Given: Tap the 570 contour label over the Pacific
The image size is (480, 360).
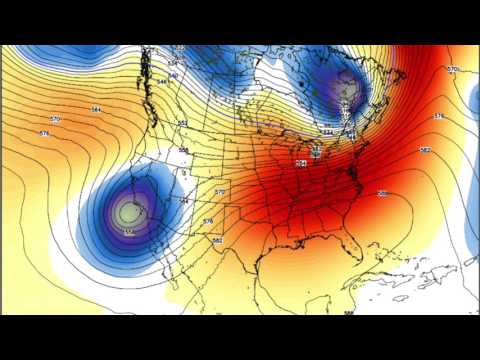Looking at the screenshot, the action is [x=56, y=119].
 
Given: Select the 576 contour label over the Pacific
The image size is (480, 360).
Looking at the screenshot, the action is [x=44, y=133].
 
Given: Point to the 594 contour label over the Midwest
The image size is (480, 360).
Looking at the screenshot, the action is [x=301, y=163].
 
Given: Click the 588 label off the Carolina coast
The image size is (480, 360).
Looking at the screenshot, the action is [x=383, y=193].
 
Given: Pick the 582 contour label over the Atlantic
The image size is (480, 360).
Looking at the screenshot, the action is [x=425, y=150].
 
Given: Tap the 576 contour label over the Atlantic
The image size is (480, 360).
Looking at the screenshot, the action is [x=438, y=117].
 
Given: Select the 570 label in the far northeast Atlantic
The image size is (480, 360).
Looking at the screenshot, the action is [x=453, y=69].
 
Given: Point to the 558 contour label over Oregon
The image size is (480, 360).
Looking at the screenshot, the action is [x=184, y=150].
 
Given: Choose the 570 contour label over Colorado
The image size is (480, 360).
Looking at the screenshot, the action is [x=220, y=191].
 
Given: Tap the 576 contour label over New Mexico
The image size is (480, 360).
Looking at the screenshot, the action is [x=208, y=220].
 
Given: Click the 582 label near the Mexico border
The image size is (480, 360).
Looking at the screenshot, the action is [x=217, y=240].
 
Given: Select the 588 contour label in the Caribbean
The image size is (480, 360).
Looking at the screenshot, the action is [x=349, y=313].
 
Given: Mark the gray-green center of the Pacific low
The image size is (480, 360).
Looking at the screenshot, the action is [x=126, y=212].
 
